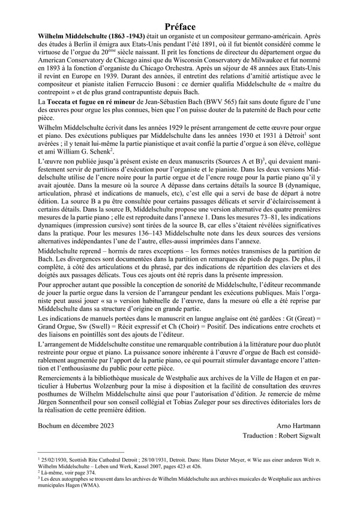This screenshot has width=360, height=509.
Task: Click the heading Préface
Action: tap(180, 26)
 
